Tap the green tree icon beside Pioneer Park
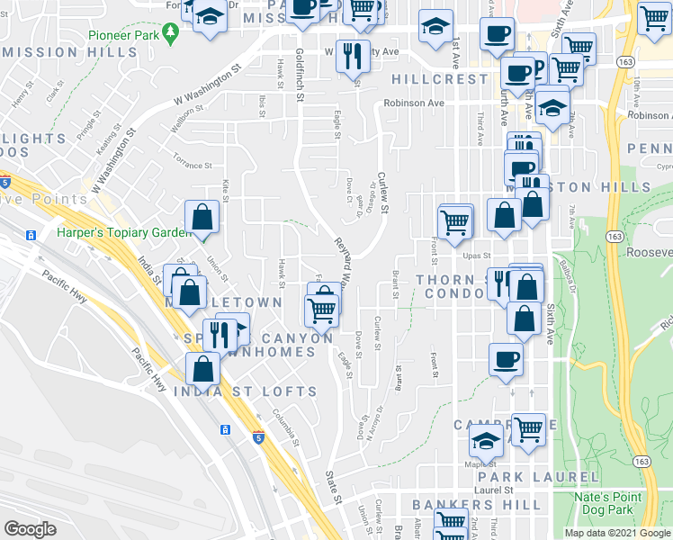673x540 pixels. (x=170, y=33)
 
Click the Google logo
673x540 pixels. (x=30, y=529)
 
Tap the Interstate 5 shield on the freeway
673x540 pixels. (x=258, y=438)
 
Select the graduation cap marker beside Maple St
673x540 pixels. (x=486, y=442)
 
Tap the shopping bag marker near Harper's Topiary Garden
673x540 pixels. (x=202, y=216)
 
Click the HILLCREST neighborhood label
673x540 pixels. (x=437, y=79)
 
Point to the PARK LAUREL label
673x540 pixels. (x=538, y=476)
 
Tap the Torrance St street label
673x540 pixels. (x=193, y=166)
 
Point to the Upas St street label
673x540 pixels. (x=475, y=256)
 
